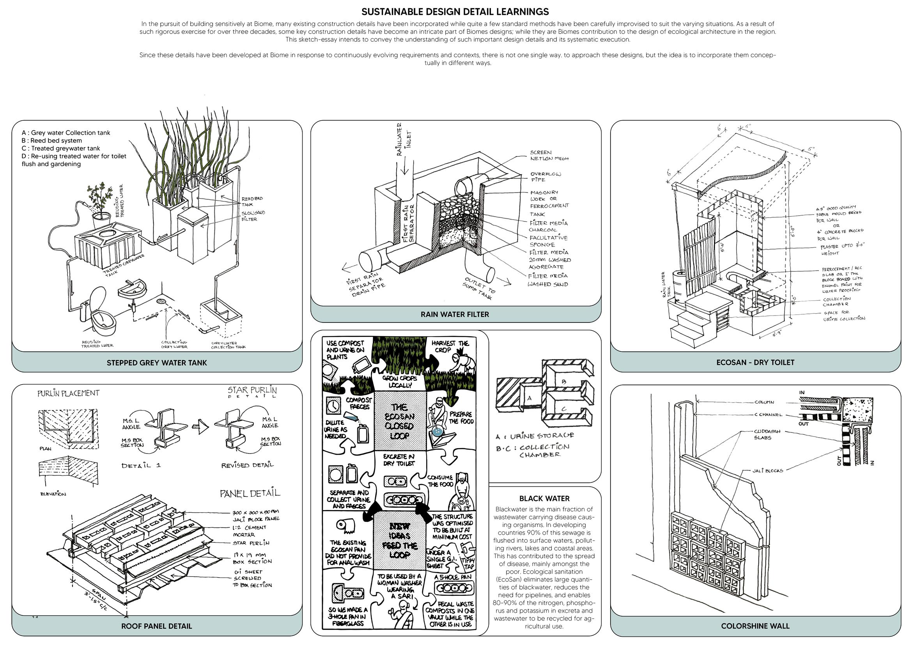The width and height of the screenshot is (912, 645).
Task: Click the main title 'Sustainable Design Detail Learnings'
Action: click(455, 12)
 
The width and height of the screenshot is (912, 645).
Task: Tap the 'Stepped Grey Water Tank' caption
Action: click(156, 363)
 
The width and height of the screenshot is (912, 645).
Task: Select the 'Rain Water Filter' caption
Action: click(455, 315)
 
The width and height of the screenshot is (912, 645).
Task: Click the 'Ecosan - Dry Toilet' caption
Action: click(755, 362)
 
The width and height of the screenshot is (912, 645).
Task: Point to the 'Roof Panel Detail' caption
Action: click(156, 626)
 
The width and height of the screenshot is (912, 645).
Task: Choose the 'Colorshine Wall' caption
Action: click(755, 626)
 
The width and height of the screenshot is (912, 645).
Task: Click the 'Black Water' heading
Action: click(544, 498)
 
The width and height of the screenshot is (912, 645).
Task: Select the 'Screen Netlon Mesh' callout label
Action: click(549, 155)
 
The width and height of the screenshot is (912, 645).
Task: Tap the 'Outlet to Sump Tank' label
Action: click(480, 288)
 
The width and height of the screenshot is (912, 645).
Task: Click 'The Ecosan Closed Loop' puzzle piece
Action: click(400, 421)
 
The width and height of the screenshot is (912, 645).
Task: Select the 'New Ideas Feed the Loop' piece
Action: click(400, 540)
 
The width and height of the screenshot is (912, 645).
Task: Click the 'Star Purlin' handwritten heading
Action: click(252, 391)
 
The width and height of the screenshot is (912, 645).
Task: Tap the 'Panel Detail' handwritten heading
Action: click(250, 493)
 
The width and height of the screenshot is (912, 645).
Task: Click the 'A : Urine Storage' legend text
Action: click(534, 436)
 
